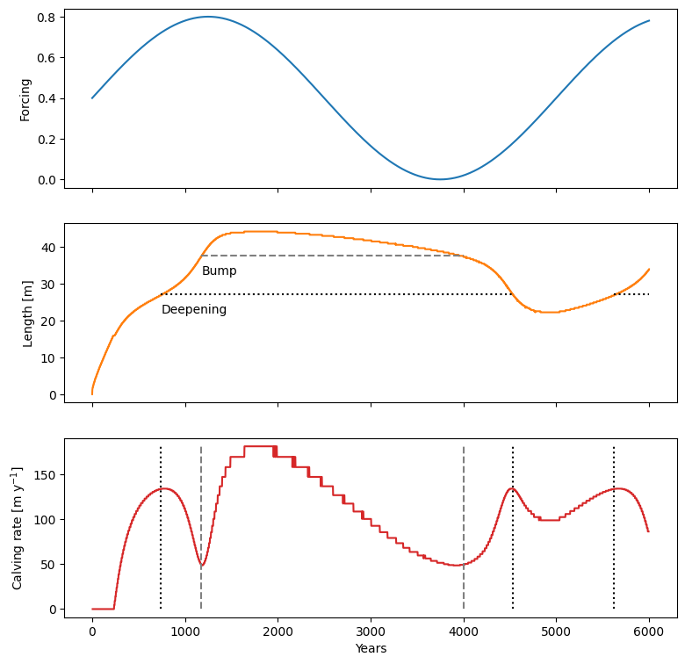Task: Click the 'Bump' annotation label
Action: [219, 271]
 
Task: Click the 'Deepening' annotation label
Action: [193, 309]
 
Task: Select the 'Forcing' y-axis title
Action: [26, 99]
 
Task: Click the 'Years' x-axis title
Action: [371, 648]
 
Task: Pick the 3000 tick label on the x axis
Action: [371, 631]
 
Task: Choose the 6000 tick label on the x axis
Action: [649, 631]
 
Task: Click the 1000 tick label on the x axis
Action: [185, 631]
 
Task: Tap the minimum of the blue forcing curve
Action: [440, 179]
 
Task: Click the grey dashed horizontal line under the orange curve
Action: [334, 256]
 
